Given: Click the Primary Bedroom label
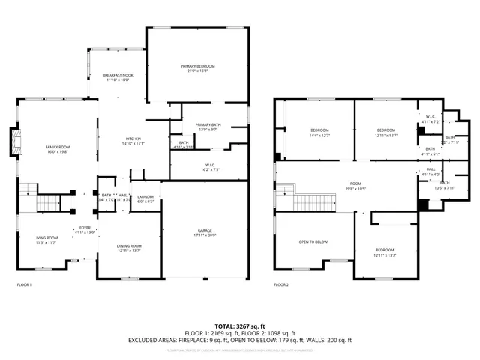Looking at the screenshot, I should [x=197, y=67].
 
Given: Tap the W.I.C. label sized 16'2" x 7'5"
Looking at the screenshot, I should [x=210, y=165].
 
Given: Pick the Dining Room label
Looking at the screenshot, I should [x=129, y=245].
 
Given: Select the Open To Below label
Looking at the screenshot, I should [x=313, y=242].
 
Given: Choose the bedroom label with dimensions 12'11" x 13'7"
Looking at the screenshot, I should [x=385, y=250].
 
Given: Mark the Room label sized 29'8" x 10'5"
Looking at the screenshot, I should [x=355, y=184].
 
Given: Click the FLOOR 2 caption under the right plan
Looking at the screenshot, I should [x=281, y=285].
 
